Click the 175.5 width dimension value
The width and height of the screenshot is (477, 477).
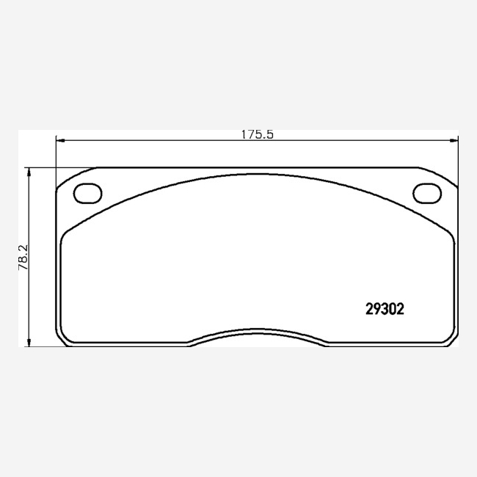tap(258, 134)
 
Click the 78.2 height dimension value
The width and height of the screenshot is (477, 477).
tap(23, 257)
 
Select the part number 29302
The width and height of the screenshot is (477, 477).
tap(385, 310)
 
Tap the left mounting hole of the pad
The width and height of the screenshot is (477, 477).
tap(87, 193)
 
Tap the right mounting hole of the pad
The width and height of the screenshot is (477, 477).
tap(427, 193)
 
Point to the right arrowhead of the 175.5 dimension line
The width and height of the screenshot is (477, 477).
tap(454, 141)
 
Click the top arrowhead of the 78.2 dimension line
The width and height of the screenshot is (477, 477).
tap(29, 172)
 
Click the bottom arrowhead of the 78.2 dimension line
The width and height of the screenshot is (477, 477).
tap(29, 343)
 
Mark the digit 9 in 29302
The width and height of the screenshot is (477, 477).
tap(377, 310)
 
